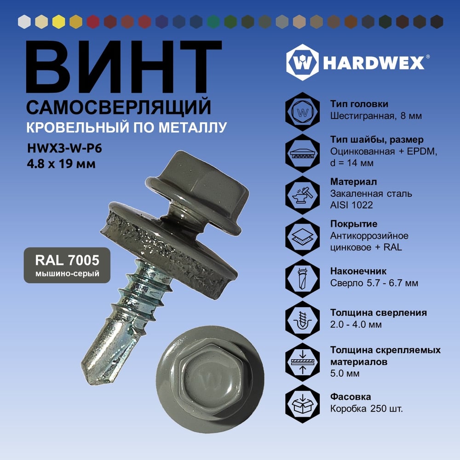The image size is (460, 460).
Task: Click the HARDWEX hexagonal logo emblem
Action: click(x=303, y=62)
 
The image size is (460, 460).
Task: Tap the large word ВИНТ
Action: click(x=124, y=67)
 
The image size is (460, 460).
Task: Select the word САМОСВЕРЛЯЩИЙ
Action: click(x=119, y=107)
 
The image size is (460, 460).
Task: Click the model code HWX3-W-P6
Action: click(x=64, y=149)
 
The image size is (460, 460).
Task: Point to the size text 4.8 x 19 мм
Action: click(x=61, y=164)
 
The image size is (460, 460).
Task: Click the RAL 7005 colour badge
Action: click(x=67, y=265)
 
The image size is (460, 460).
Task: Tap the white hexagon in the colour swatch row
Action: click(x=24, y=22)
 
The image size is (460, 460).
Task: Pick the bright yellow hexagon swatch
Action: click(x=59, y=22)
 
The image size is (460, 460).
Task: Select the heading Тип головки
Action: click(x=359, y=104)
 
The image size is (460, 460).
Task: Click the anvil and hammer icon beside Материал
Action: click(x=303, y=195)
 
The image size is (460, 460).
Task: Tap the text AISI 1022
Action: click(x=351, y=205)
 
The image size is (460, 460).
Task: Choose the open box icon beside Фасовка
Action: click(x=303, y=404)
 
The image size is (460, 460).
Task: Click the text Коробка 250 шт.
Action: click(x=367, y=408)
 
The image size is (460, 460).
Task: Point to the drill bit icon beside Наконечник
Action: click(x=303, y=278)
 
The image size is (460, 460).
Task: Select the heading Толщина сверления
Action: click(x=379, y=313)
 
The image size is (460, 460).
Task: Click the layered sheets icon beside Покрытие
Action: click(x=303, y=237)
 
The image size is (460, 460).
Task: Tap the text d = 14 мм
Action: click(x=352, y=163)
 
